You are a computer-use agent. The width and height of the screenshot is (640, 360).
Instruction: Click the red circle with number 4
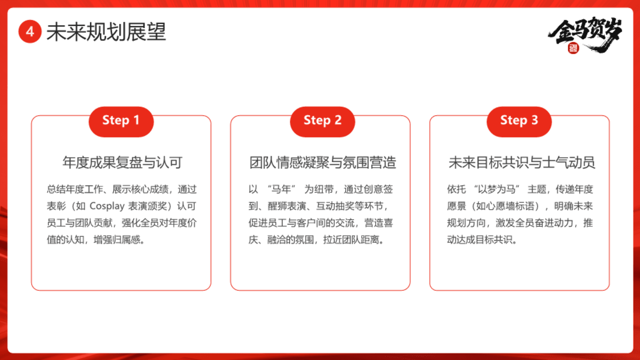point(30,32)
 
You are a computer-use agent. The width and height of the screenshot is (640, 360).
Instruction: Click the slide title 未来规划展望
point(106,32)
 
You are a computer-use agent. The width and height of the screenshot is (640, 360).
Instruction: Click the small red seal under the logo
point(573,48)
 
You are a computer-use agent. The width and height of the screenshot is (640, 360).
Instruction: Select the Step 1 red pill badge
point(121,122)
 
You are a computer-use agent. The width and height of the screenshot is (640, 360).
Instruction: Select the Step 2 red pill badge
point(322,122)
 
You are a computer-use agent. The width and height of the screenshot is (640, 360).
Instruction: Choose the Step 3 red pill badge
point(519,122)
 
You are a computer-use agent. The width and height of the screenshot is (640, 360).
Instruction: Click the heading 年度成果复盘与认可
point(122,163)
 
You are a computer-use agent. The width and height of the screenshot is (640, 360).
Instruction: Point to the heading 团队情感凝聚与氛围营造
point(323,163)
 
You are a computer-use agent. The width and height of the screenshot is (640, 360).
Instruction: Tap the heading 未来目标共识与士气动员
point(522,163)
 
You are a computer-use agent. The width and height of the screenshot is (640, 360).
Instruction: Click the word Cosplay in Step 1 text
point(107,206)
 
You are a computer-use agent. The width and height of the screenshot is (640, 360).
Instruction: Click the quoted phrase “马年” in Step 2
point(282,189)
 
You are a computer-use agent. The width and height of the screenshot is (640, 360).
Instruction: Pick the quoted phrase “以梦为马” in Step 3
point(497,189)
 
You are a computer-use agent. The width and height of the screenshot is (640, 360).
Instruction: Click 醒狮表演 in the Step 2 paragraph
point(287,206)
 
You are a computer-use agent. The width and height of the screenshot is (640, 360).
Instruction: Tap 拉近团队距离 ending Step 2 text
point(351,240)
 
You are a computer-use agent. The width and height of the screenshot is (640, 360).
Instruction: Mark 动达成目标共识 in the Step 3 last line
point(480,240)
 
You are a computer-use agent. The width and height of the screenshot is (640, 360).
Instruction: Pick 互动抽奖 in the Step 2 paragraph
point(335,206)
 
